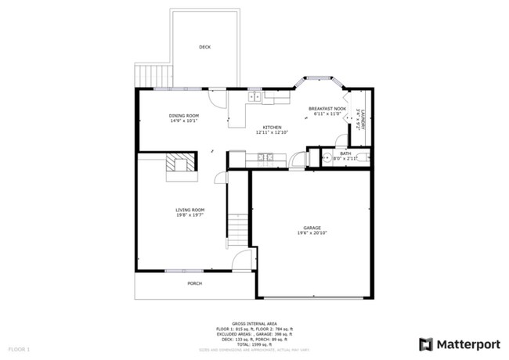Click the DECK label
(x=204, y=47)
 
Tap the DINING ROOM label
(x=184, y=116)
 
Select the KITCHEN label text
(x=272, y=127)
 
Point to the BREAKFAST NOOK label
(x=327, y=109)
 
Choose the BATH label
(x=345, y=153)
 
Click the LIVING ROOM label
(x=190, y=209)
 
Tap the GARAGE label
(x=312, y=228)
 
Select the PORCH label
(x=195, y=283)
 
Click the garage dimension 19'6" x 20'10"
(x=312, y=233)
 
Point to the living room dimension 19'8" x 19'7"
(x=190, y=214)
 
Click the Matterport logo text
(x=467, y=344)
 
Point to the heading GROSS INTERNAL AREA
(x=254, y=322)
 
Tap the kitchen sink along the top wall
(x=254, y=98)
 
